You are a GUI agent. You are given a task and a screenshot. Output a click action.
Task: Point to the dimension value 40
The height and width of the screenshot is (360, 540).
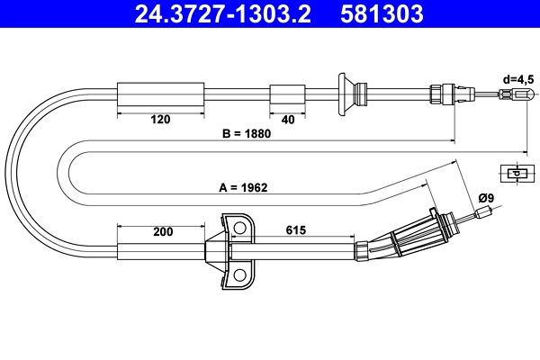(288, 118)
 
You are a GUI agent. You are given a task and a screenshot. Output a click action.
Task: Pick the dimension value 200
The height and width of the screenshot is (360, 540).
(163, 231)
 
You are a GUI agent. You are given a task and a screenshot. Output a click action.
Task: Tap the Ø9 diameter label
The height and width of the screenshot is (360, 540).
(486, 197)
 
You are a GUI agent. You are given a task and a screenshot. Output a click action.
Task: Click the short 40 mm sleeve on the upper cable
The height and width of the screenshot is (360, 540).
(288, 94)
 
